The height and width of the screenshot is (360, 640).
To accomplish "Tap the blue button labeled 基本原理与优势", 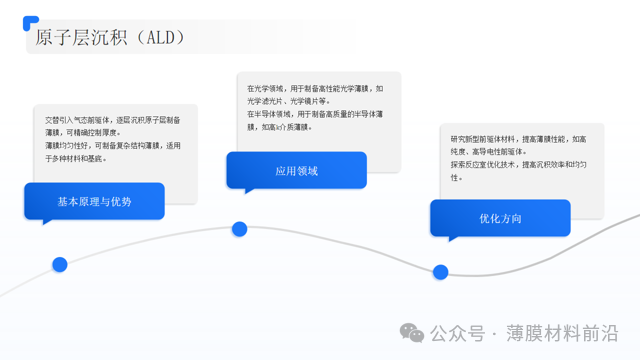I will tap(94, 201).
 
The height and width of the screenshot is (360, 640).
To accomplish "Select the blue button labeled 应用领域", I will tap(296, 171).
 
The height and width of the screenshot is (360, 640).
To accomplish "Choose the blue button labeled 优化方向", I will tap(500, 218).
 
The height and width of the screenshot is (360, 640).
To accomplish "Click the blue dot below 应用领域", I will tap(240, 229).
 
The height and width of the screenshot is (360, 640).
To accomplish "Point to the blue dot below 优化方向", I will tap(440, 272).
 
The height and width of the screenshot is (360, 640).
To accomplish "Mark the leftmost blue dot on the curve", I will tap(60, 265).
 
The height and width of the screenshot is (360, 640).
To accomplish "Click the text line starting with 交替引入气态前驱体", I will tap(110, 119).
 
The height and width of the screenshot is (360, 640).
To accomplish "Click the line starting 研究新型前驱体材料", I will tap(519, 139).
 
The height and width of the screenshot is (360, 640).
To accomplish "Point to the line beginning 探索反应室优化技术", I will tap(519, 164).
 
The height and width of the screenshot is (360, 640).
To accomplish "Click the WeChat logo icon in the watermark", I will tap(412, 333).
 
